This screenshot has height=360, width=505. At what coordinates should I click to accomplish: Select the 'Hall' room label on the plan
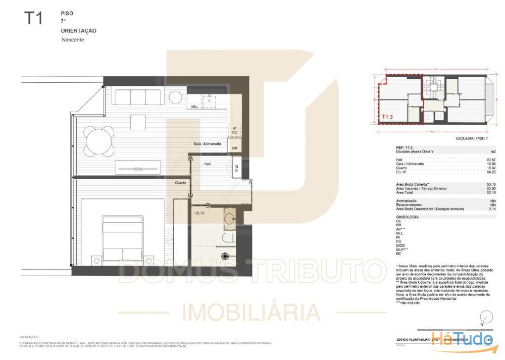pos(208,164)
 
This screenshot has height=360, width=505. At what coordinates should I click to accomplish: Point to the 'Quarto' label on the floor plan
pos(180,182)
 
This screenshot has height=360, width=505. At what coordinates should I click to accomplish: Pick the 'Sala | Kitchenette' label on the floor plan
pos(207,144)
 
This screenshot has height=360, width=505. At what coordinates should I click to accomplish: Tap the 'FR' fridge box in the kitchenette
pos(234,148)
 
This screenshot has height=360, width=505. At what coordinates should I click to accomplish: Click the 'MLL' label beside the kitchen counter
pos(195,107)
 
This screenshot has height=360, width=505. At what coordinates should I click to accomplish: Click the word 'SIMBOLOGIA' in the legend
pos(408,217)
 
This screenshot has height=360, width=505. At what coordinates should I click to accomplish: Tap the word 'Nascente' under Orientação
pos(72,40)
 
